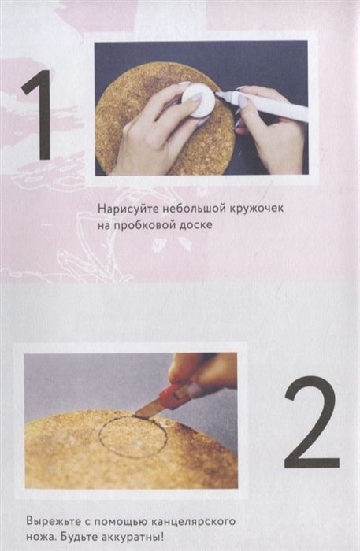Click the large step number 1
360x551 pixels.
(39, 115)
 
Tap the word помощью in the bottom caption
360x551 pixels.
(121, 522)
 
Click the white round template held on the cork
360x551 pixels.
(198, 100)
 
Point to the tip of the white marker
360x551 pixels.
(217, 94)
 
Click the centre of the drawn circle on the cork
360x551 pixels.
(133, 437)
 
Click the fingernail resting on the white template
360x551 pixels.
(195, 98)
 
